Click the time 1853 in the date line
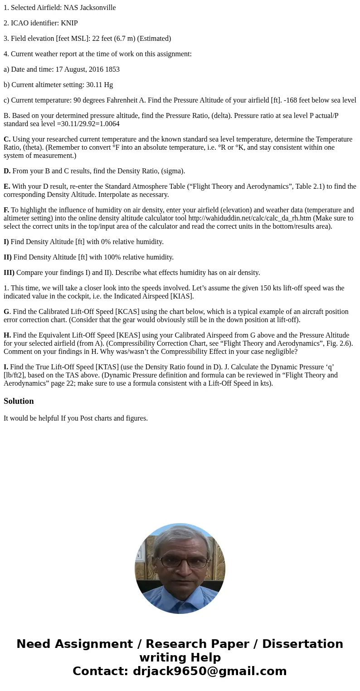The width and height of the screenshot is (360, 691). (x=112, y=69)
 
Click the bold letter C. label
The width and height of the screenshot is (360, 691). (x=7, y=139)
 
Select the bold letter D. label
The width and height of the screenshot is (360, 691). (x=7, y=171)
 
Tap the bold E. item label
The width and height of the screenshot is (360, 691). (x=7, y=186)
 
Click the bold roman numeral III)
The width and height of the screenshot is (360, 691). (x=9, y=273)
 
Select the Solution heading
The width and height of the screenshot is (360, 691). (x=19, y=401)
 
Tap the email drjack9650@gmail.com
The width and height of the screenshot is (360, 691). (x=209, y=671)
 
